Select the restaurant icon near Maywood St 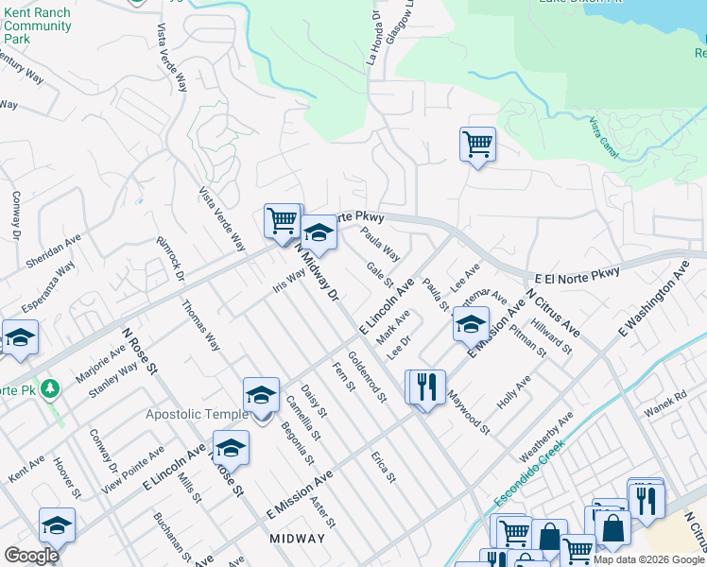(x=425, y=387)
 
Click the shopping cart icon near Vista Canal (x=477, y=145)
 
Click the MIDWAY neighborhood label (x=297, y=539)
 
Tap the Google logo (x=32, y=556)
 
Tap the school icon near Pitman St (x=471, y=324)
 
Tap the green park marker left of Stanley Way (x=50, y=388)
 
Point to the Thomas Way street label (x=200, y=326)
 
